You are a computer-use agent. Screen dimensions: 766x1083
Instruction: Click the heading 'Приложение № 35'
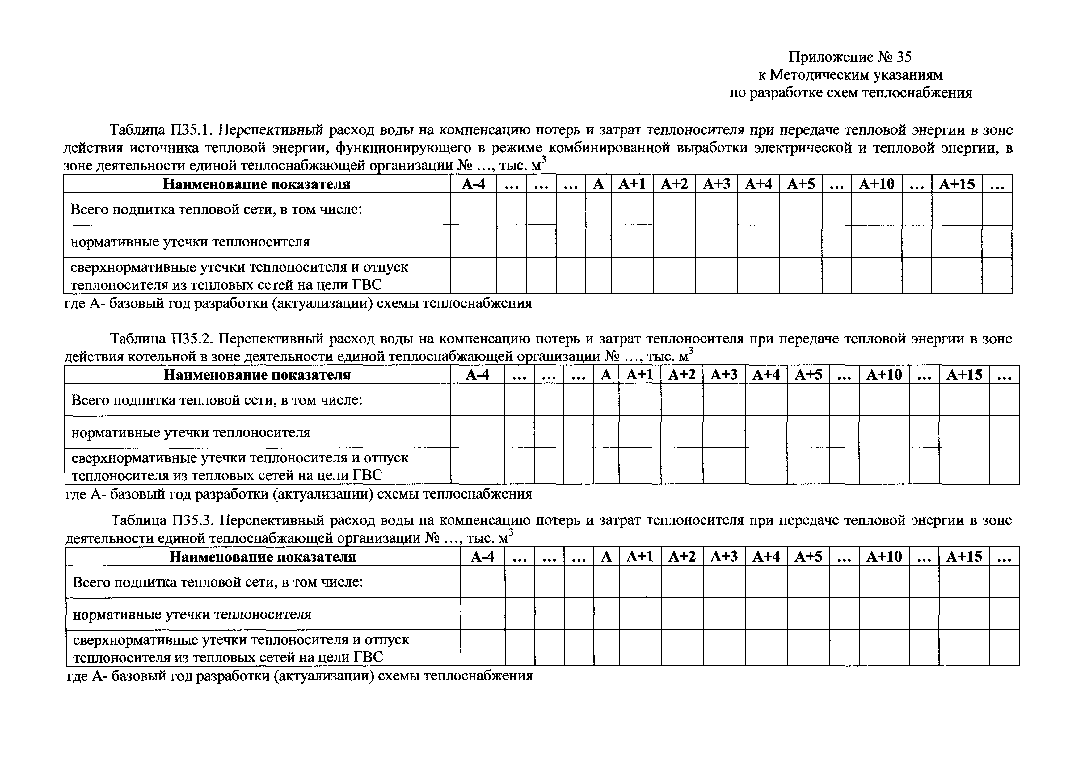coord(850,57)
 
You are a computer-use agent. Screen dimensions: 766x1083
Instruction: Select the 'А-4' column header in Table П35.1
coord(473,184)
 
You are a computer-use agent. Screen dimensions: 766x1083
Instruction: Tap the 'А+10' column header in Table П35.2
coord(884,375)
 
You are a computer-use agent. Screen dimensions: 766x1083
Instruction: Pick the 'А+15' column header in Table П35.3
coord(964,557)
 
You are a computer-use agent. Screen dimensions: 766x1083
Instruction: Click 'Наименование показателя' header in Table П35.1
coord(257,184)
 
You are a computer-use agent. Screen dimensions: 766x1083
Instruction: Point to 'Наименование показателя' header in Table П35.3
coord(263,557)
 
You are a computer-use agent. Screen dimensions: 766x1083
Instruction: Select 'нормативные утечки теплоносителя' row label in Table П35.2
coord(191,432)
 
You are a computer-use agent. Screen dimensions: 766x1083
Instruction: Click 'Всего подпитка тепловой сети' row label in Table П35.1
coord(216,209)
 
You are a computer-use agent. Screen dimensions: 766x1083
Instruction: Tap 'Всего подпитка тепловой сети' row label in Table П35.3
coord(218,582)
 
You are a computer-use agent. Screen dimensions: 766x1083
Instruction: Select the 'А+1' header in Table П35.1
coord(632,184)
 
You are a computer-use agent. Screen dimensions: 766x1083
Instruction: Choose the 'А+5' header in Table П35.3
coord(808,557)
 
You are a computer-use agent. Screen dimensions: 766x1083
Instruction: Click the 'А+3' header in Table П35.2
coord(724,375)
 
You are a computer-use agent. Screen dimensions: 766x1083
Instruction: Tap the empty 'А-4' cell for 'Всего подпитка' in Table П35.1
coord(473,209)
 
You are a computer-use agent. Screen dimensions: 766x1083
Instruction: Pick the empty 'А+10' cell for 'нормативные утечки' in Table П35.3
coord(884,614)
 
